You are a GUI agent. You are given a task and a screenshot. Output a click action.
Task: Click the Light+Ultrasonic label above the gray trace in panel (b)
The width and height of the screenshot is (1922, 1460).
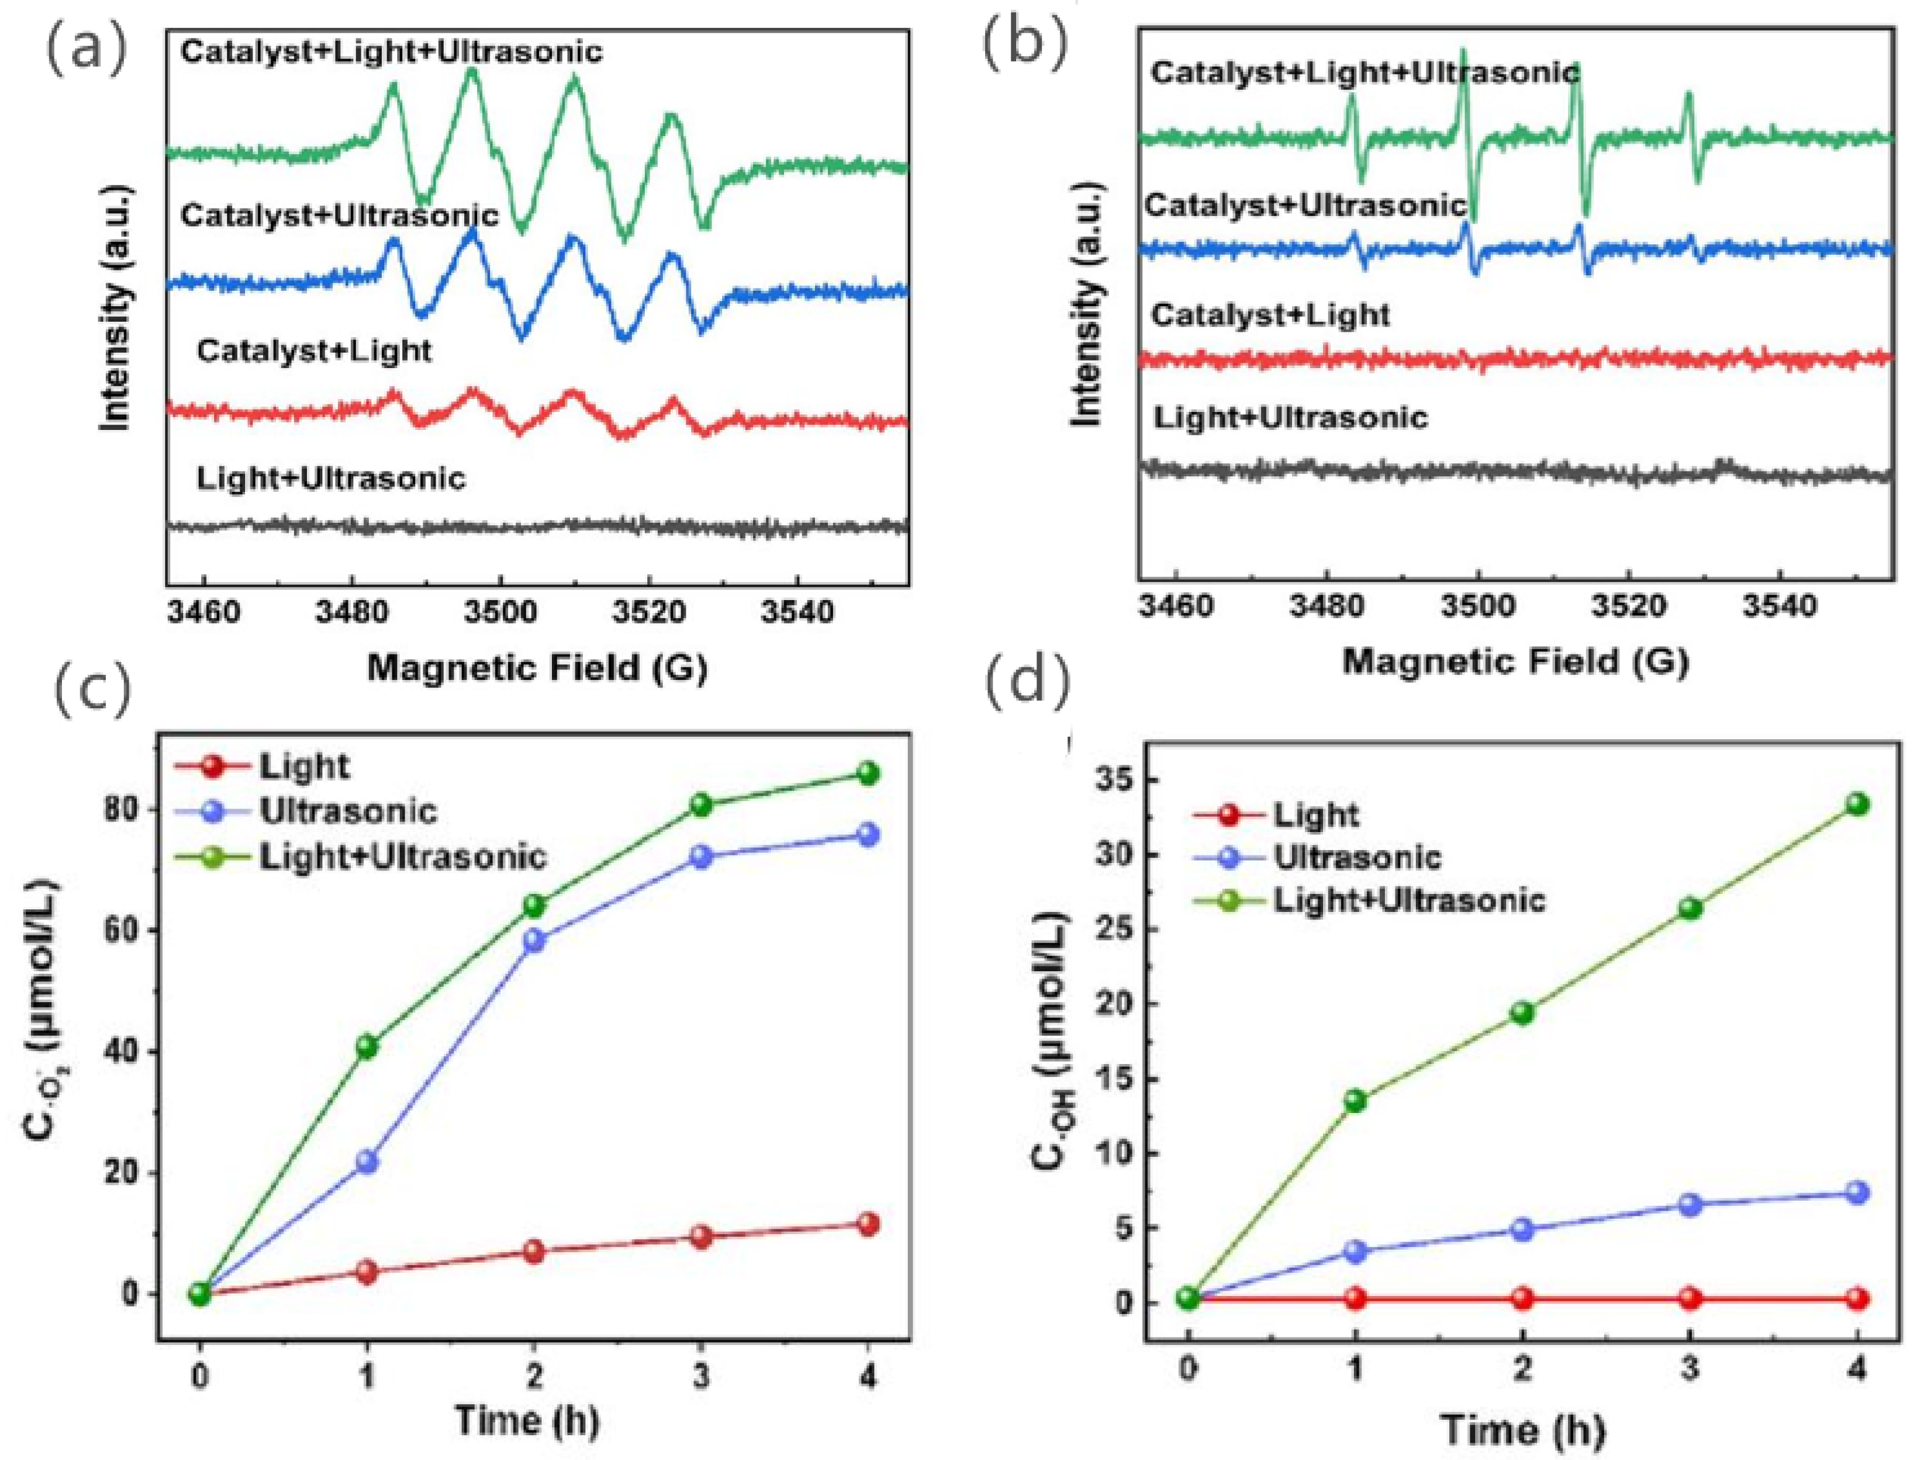coord(1291,418)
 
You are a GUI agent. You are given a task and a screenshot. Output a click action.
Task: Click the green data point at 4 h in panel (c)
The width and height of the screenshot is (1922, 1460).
coord(868,773)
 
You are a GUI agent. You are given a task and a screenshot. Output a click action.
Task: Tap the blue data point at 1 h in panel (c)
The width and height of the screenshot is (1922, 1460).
coord(367,1162)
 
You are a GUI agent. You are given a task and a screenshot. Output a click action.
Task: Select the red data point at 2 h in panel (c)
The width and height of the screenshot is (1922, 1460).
coord(534,1252)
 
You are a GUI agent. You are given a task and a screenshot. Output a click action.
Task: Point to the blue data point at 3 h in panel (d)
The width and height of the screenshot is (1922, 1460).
coord(1690,1204)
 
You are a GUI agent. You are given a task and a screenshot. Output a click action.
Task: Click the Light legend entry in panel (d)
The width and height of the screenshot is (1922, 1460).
coord(1315,815)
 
